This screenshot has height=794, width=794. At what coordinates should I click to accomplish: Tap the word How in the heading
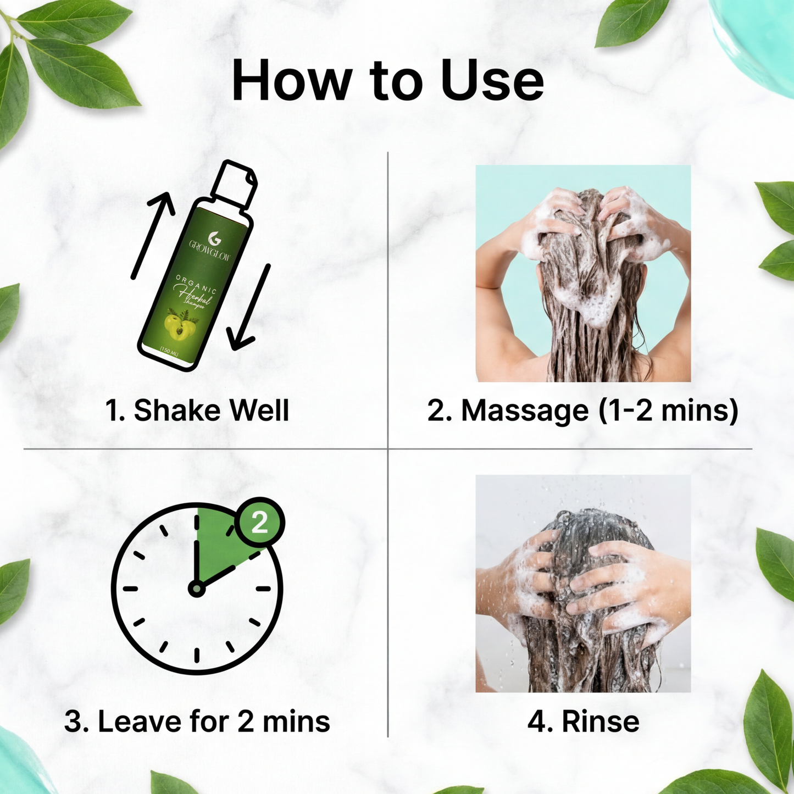pyautogui.click(x=292, y=81)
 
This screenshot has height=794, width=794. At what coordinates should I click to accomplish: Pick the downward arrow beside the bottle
pyautogui.click(x=250, y=308)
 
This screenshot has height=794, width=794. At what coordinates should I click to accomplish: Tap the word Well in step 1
pyautogui.click(x=259, y=410)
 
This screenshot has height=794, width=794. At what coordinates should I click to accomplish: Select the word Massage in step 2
pyautogui.click(x=524, y=410)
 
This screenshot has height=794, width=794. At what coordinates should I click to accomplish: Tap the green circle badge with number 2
pyautogui.click(x=259, y=523)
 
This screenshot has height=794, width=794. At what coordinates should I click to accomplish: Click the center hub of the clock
pyautogui.click(x=196, y=589)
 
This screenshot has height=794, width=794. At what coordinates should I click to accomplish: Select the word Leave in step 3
pyautogui.click(x=139, y=721)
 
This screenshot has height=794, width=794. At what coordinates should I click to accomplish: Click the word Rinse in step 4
pyautogui.click(x=600, y=721)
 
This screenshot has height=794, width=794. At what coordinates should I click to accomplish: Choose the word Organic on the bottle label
pyautogui.click(x=197, y=285)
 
